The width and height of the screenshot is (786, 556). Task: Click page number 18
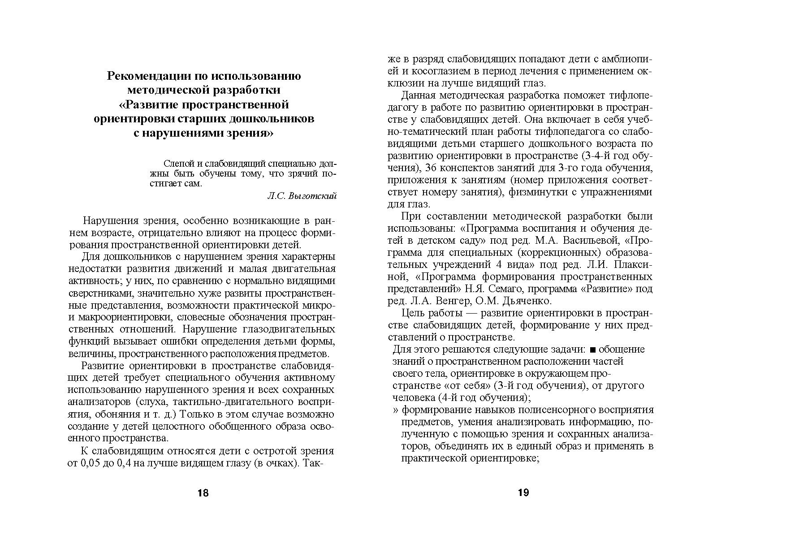point(203,493)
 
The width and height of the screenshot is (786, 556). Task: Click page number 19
point(523,493)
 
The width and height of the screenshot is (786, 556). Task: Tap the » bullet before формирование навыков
point(396,410)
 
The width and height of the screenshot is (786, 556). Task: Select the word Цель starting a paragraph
point(413,313)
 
